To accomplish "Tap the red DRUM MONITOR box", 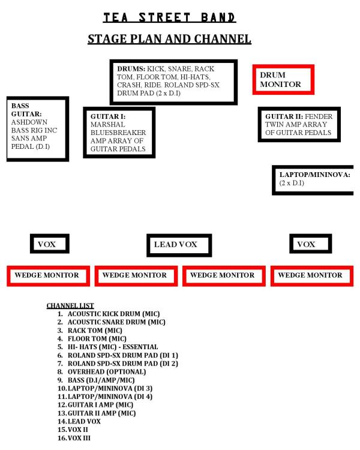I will click(283, 79).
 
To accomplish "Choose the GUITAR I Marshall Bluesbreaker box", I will click(119, 133).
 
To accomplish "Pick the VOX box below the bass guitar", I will click(49, 244).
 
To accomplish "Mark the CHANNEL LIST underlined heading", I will click(70, 306).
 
